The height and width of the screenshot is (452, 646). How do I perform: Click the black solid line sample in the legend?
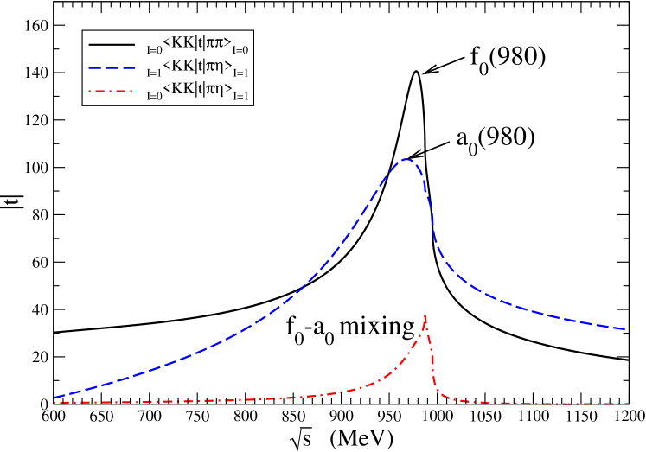(112, 43)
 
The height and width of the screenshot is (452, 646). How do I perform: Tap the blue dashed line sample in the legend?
(112, 67)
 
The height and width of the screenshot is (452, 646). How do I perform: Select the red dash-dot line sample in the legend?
(112, 89)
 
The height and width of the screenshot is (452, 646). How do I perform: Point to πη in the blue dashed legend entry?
(214, 67)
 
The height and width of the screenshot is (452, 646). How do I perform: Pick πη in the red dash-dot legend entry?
(214, 90)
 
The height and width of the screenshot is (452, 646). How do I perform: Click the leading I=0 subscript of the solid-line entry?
(154, 51)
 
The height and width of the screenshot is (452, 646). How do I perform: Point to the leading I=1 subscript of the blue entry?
(154, 74)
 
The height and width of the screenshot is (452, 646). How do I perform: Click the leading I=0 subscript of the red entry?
(154, 97)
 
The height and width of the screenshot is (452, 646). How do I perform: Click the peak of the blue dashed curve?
(405, 159)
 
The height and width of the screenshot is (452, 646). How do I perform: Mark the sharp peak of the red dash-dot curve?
(425, 315)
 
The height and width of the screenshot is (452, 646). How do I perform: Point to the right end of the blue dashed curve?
(625, 329)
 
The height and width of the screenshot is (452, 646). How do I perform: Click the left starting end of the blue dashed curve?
(54, 398)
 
